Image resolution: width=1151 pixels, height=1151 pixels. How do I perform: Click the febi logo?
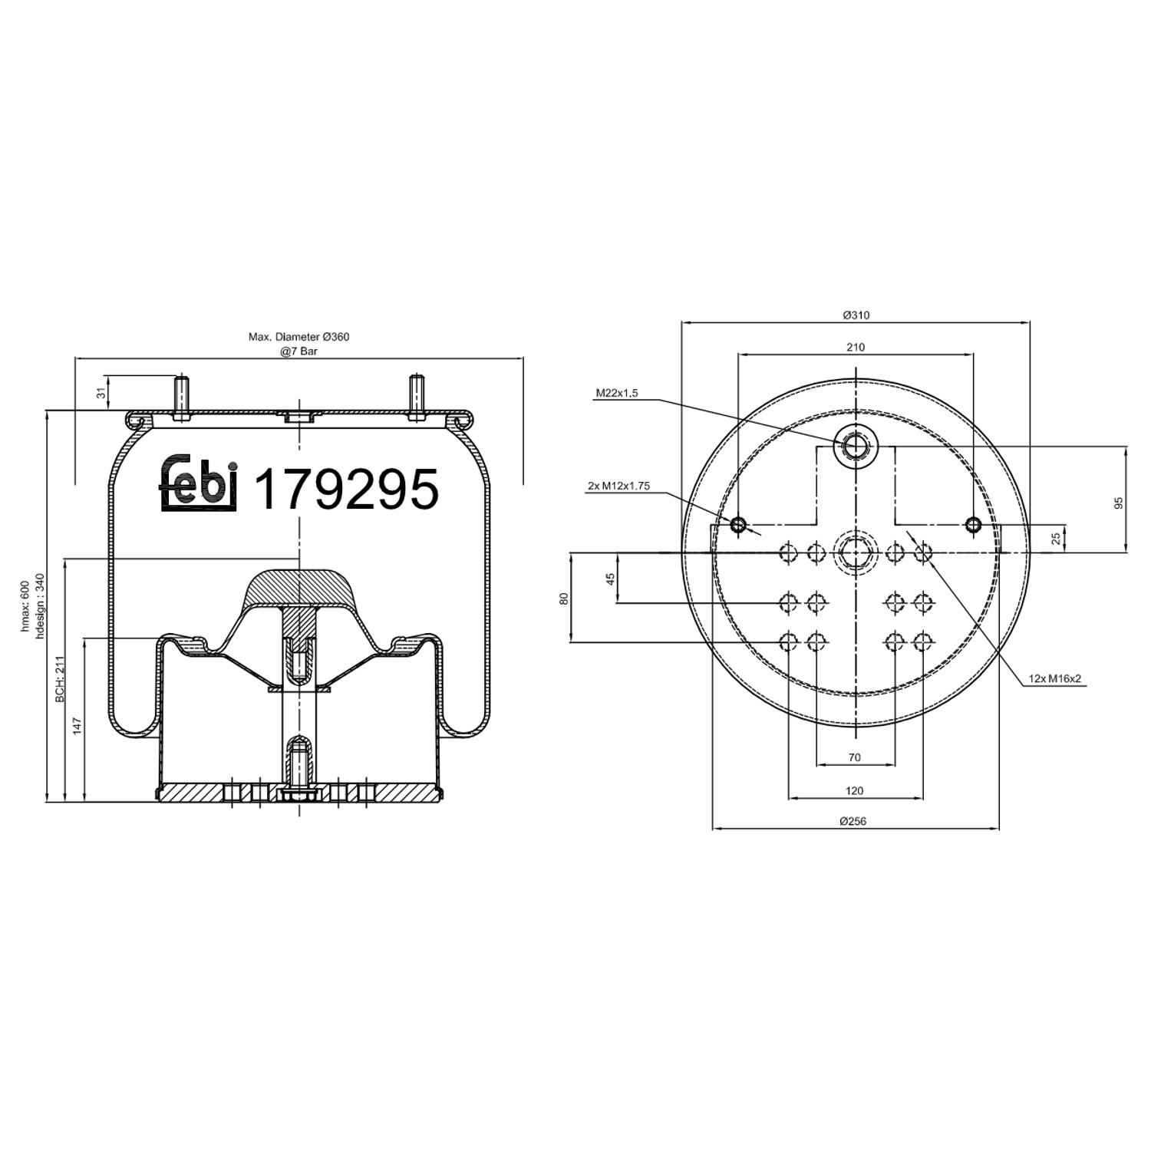(x=199, y=483)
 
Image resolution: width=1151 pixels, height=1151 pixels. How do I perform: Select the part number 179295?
(x=346, y=489)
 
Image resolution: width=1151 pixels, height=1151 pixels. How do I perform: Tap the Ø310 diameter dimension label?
(x=856, y=315)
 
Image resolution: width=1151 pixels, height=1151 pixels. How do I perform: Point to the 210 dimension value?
(x=856, y=347)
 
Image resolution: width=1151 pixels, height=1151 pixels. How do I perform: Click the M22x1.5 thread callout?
(x=617, y=394)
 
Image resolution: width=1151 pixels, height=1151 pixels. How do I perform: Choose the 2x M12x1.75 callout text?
(x=618, y=486)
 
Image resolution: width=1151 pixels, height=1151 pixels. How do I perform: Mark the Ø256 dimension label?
(x=853, y=821)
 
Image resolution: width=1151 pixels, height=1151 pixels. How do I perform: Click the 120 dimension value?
(x=854, y=790)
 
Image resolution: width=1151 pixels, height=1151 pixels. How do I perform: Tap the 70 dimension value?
(x=854, y=757)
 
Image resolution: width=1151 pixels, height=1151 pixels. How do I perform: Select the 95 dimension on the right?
(x=1118, y=503)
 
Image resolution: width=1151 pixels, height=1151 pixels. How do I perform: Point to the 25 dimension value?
(x=1057, y=539)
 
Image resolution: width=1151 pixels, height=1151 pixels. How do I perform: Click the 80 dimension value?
(x=564, y=598)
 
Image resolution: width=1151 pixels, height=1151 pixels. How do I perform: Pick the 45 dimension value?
(x=611, y=579)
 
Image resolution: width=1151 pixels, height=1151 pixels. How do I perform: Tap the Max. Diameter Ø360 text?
(x=298, y=337)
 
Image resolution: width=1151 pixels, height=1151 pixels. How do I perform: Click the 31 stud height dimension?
(x=100, y=393)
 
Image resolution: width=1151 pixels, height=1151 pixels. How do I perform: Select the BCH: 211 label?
(x=58, y=680)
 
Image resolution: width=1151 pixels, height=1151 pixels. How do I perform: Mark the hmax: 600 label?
(x=25, y=607)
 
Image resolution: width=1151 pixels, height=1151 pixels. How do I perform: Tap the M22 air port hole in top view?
(x=855, y=445)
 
